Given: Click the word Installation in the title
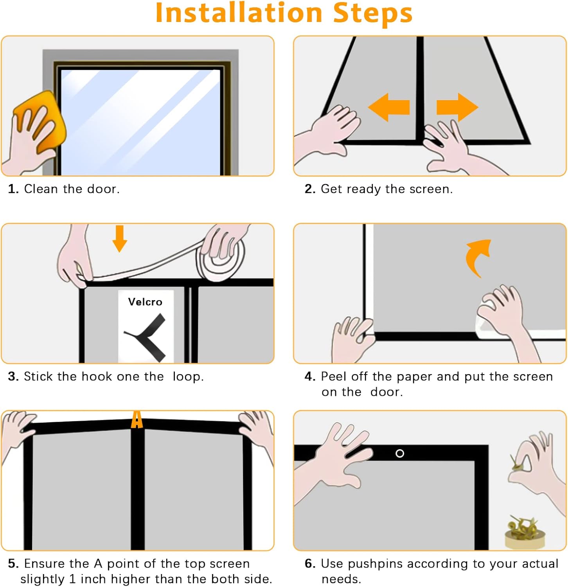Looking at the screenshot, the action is coord(239,13).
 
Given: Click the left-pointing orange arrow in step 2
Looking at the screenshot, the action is coord(389,107).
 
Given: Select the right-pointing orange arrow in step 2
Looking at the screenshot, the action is coord(457,107).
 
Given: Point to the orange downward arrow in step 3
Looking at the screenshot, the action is coord(120,238).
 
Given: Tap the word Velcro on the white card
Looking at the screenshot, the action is coord(145,302).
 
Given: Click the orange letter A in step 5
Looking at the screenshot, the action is coord(137,420).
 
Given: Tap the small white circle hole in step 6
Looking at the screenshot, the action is coord(400,453).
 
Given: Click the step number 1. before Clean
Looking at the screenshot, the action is coord(13,189).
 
